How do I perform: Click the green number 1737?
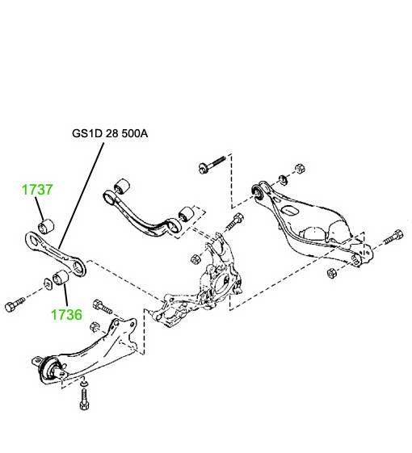pos(37,190)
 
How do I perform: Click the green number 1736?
pos(66,314)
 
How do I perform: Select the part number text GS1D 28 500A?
pos(110,133)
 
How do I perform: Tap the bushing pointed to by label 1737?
pos(46,226)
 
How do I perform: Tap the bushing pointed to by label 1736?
pos(61,277)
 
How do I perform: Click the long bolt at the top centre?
pos(212,164)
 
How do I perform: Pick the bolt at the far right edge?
pos(393,237)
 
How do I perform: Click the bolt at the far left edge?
pos(15,304)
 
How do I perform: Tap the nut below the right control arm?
pos(332,273)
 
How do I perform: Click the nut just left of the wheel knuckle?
pos(195,258)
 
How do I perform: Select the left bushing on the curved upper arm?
pos(121,187)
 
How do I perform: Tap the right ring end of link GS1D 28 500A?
pos(78,268)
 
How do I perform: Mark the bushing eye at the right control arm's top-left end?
pos(257,191)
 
